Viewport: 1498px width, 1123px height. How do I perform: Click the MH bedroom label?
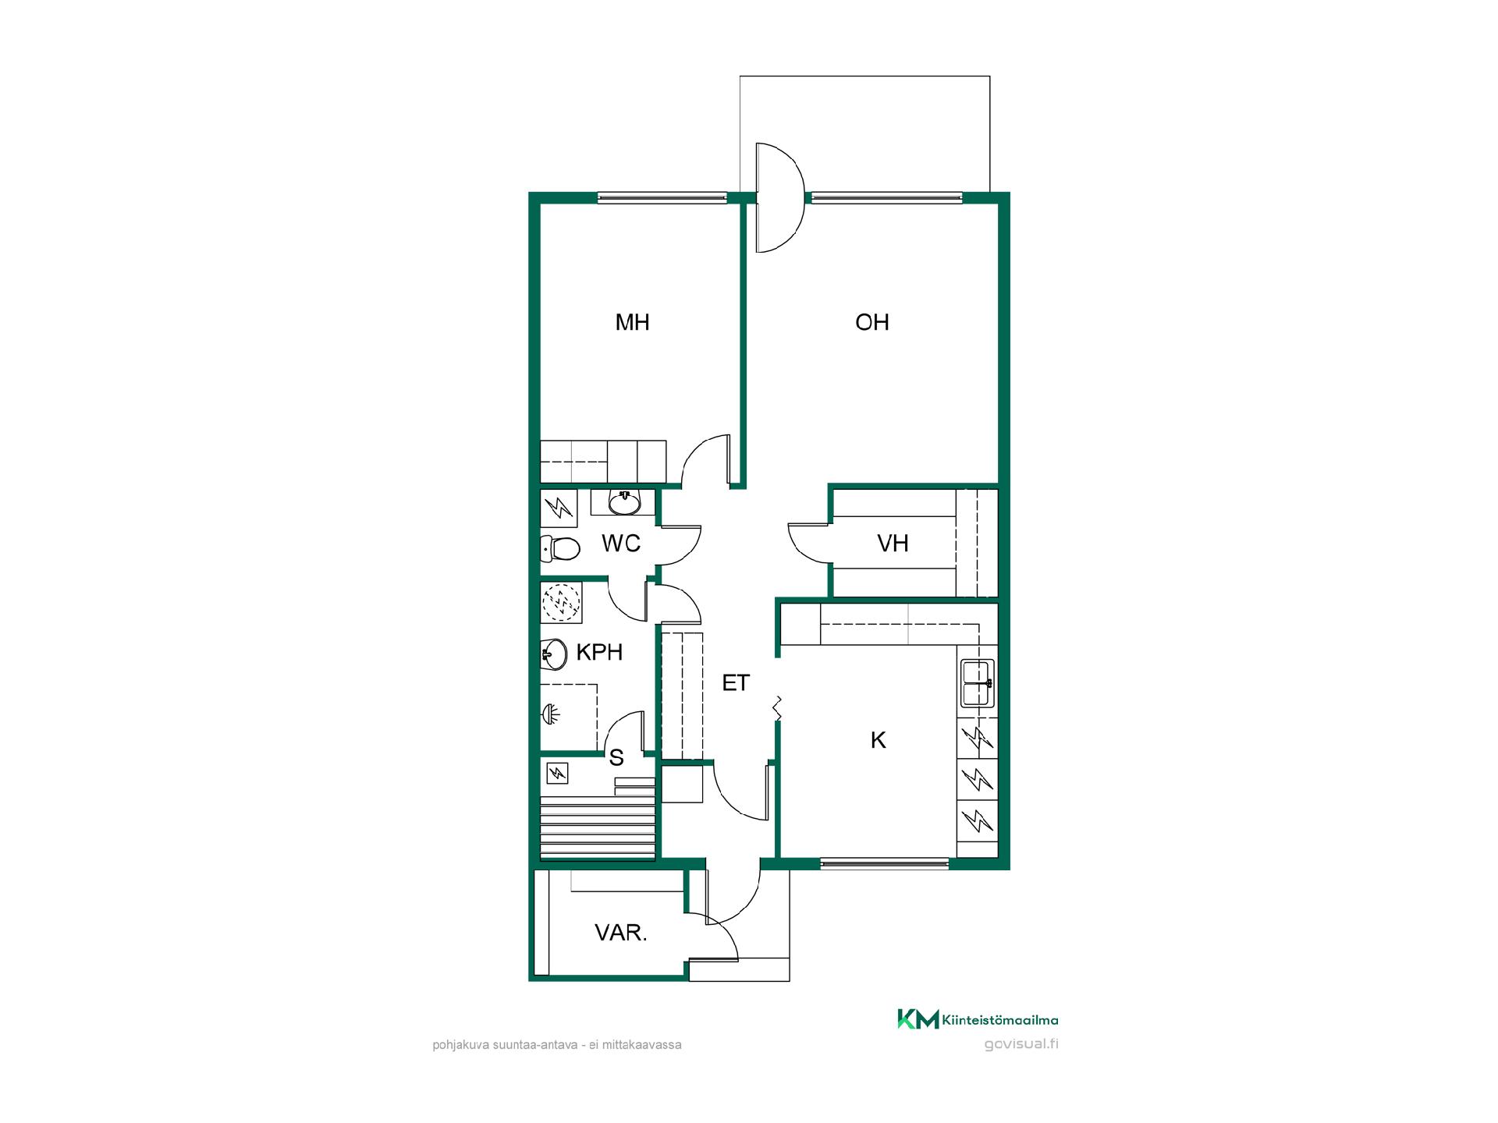coord(632,322)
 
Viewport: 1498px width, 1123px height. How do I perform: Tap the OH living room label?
coord(871,322)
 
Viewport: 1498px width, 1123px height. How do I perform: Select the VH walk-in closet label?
coord(893,543)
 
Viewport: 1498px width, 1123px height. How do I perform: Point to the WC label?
coord(621,543)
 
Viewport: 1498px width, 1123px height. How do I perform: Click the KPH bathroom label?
coord(599,652)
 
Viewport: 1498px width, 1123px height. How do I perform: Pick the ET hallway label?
coord(735,683)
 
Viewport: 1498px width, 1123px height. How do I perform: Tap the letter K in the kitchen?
coord(879,740)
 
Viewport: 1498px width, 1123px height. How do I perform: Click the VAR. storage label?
coord(621,932)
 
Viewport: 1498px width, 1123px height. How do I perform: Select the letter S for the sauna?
coord(616,757)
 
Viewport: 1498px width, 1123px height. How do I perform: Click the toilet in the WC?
coord(559,548)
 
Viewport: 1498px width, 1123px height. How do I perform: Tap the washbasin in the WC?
coord(624,503)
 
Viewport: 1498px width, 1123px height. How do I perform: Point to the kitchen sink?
coord(977,683)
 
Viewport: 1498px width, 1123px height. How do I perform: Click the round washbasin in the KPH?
coord(553,654)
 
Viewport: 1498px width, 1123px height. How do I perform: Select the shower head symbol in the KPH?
coord(551,713)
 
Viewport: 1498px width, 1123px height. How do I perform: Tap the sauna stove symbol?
coord(557,773)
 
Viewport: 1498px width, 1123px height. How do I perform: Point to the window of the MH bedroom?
coord(662,198)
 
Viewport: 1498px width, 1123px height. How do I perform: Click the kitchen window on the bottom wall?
coord(885,863)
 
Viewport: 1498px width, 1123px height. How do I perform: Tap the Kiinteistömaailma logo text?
coord(1000,1019)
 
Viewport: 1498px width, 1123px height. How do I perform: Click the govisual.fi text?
coord(1021,1044)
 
